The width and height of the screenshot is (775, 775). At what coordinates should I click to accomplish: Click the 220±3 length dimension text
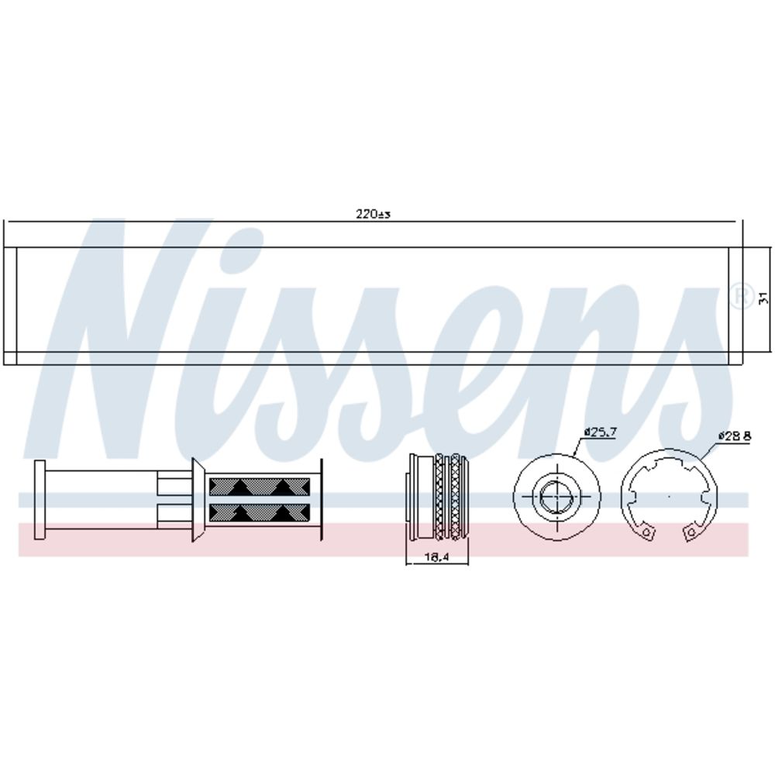pos(374,214)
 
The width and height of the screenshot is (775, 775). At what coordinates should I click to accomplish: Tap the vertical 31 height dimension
pos(763,298)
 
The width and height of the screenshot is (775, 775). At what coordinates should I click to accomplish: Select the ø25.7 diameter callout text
pos(601,432)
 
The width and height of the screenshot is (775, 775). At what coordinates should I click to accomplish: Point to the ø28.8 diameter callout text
pos(735,436)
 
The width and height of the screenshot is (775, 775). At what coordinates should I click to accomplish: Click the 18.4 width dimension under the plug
pos(436,557)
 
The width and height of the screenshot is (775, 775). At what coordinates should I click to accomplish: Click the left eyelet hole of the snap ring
pos(647,532)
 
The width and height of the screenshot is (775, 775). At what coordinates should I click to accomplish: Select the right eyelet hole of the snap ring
pos(691,532)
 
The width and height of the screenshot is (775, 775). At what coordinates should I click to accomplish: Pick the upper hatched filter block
pos(260,487)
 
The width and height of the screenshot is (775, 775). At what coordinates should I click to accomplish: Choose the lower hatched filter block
pos(260,513)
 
